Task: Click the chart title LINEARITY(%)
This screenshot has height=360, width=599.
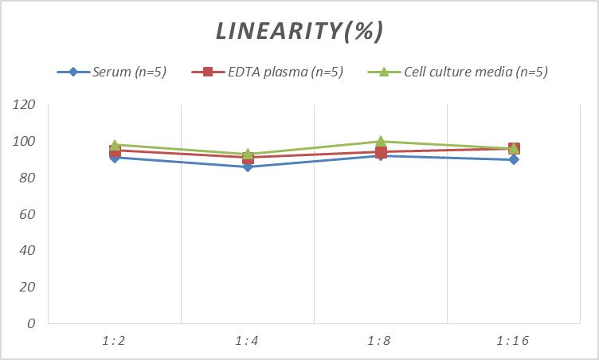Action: [299, 31]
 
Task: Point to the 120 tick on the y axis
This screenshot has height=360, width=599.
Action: [25, 105]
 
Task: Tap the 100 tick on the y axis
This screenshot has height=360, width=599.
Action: [25, 142]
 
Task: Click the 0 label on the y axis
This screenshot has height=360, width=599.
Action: [31, 323]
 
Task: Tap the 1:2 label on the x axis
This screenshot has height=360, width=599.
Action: [114, 341]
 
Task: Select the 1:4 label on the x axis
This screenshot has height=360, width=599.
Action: [247, 341]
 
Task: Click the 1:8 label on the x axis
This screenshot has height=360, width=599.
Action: [380, 341]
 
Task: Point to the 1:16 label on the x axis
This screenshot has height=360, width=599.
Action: [513, 341]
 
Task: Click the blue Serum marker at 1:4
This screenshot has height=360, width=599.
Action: [248, 166]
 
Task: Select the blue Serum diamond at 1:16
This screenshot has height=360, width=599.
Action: [514, 159]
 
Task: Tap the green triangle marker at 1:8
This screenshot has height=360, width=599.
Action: [381, 142]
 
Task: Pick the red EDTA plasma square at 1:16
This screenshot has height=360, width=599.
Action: [514, 148]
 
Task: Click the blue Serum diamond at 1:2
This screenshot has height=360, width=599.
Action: [115, 158]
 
